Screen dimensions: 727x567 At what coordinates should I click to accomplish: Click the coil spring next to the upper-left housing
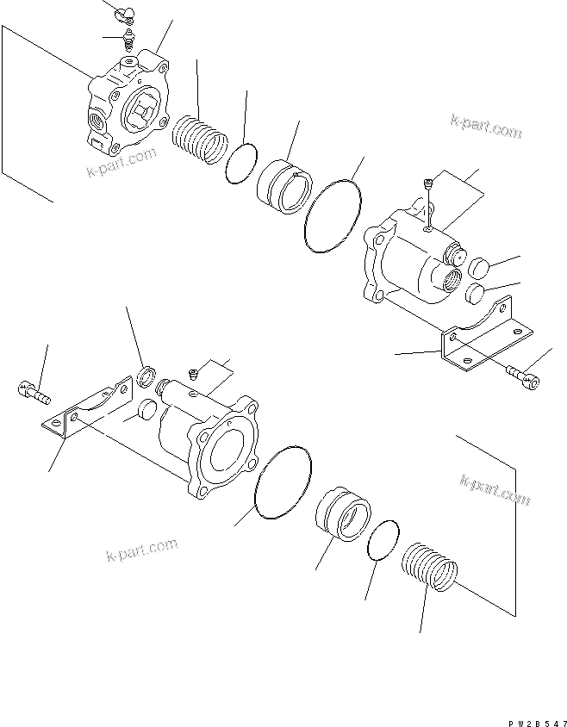click(200, 138)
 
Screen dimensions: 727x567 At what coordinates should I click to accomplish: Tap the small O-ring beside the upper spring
click(243, 161)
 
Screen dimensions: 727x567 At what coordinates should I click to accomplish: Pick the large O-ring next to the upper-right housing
click(333, 216)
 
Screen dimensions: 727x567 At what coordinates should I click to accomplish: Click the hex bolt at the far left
click(33, 392)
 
